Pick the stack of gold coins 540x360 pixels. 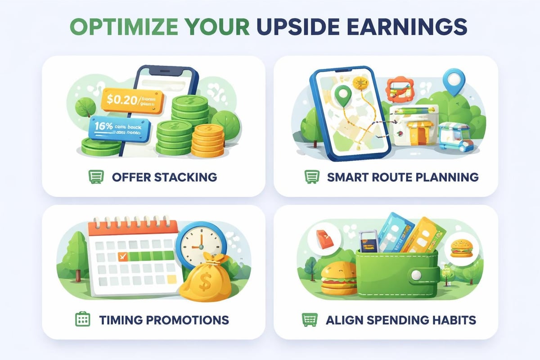pyautogui.click(x=207, y=141)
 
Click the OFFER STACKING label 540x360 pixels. pyautogui.click(x=164, y=177)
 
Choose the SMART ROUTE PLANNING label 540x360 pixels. pyautogui.click(x=403, y=177)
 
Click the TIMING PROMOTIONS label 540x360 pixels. pyautogui.click(x=164, y=320)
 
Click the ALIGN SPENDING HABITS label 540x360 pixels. pyautogui.click(x=401, y=320)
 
